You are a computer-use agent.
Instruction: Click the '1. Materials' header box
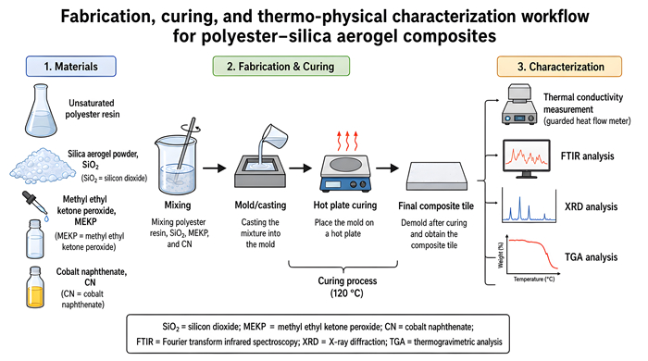(x=71, y=67)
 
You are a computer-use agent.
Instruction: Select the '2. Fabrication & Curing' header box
(x=281, y=66)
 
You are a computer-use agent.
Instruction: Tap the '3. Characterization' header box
(x=559, y=67)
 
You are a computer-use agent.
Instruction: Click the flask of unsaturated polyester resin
(x=41, y=111)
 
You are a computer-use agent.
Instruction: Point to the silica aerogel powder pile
(x=37, y=166)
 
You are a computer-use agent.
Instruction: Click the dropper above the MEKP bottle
(x=35, y=205)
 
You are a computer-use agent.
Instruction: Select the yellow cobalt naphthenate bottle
(x=35, y=288)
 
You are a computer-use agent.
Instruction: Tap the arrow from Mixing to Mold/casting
(x=215, y=168)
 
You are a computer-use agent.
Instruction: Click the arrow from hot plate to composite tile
(x=387, y=168)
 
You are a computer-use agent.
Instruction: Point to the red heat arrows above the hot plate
(x=347, y=142)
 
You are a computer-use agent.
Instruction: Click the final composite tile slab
(x=437, y=176)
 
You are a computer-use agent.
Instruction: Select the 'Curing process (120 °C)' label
(x=347, y=287)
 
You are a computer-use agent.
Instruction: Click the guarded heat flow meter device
(x=519, y=105)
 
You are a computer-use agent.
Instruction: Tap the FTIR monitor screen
(x=527, y=156)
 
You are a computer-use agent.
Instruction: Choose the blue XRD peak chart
(x=529, y=205)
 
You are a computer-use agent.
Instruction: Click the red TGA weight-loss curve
(x=533, y=252)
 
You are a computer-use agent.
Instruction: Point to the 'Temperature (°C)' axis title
(x=534, y=280)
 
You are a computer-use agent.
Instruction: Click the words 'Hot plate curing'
(x=345, y=205)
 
